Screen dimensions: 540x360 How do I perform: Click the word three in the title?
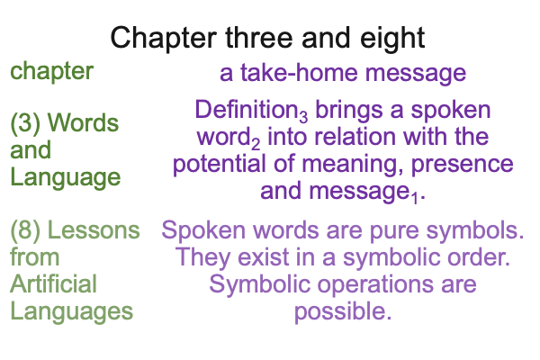(x=258, y=38)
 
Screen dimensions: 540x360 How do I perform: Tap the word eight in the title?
(x=392, y=40)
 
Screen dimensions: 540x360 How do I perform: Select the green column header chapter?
(x=52, y=72)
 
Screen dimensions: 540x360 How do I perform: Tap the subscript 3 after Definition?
(x=303, y=118)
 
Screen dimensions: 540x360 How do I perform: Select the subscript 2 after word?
(x=256, y=144)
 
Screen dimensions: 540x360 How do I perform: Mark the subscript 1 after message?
(x=415, y=198)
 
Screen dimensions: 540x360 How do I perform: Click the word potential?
(x=219, y=165)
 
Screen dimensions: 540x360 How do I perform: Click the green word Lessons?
(x=94, y=230)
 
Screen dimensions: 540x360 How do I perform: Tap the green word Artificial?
(x=53, y=284)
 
